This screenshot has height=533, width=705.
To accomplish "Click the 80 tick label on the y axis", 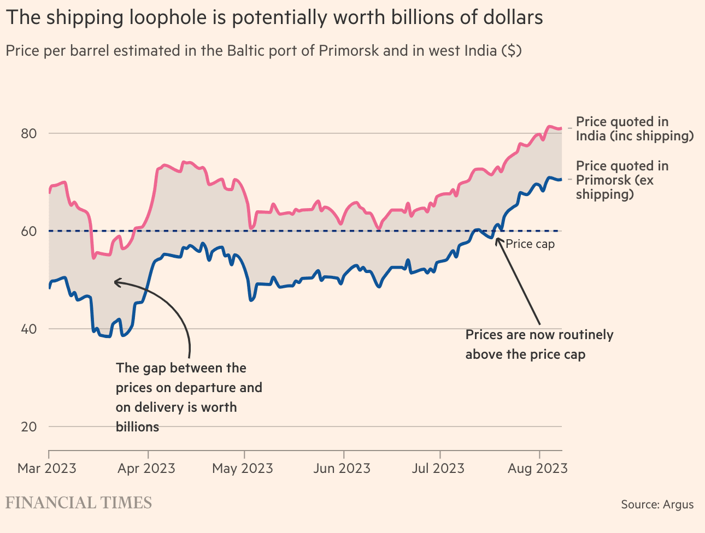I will point(28,134).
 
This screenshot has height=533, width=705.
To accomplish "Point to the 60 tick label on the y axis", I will point(28,231).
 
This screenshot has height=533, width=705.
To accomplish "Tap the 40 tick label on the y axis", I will point(28,329).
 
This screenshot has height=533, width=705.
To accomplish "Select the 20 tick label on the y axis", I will point(29,427).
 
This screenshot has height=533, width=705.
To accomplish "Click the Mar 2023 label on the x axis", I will point(47,469).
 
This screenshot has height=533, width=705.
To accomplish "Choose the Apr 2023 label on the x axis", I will point(146,469).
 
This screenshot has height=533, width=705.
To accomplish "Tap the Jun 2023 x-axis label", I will point(342,469).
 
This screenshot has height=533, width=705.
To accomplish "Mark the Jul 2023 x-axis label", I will point(439,469).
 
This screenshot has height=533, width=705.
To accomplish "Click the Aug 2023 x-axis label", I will point(538,469).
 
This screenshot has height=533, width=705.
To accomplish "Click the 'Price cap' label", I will point(530,244).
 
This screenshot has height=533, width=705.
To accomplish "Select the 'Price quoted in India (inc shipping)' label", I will point(634,129).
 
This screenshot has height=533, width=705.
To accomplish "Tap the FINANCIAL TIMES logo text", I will point(79,503).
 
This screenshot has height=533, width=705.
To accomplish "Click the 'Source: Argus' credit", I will point(657,504).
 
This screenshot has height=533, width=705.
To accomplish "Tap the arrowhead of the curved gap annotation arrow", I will point(115,282).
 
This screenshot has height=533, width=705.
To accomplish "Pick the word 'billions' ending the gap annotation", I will point(137,427).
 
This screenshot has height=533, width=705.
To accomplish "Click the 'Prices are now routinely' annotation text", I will point(539,335).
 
